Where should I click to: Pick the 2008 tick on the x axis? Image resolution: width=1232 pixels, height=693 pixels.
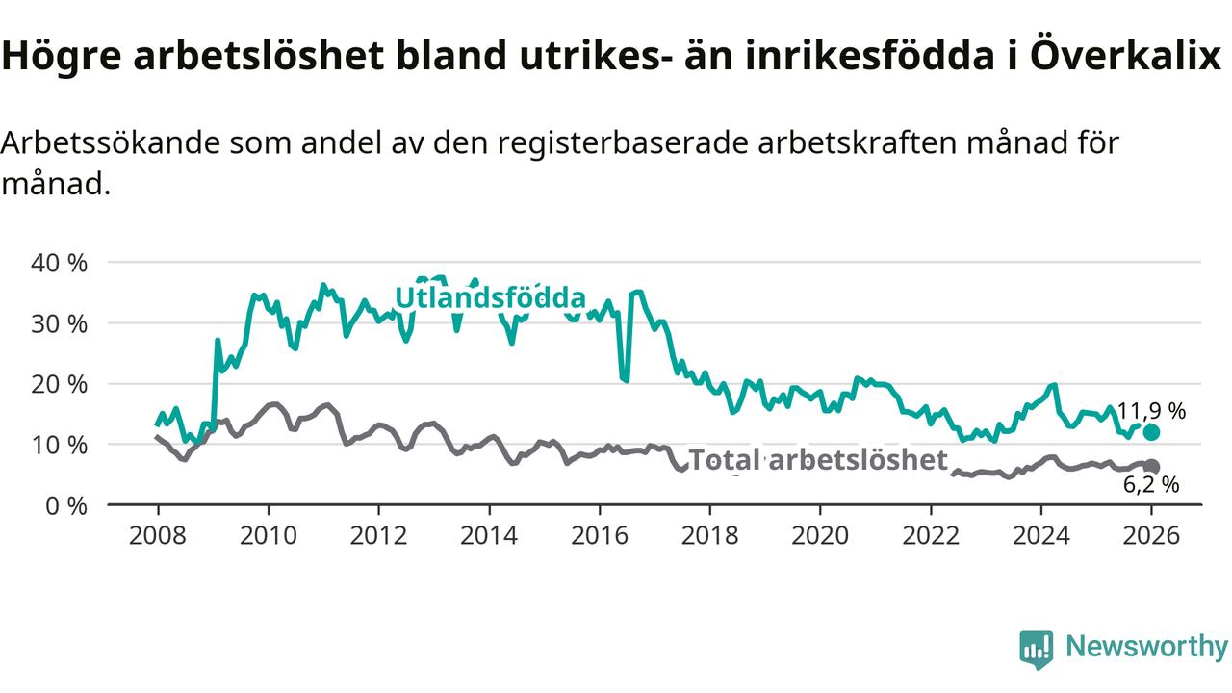[x=158, y=535]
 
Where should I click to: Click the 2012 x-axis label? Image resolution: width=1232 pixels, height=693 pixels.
[x=378, y=535]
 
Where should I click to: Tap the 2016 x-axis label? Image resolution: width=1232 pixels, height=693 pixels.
[x=600, y=535]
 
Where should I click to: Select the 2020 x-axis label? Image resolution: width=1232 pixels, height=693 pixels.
[x=820, y=535]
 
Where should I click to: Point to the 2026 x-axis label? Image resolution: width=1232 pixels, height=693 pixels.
[x=1151, y=535]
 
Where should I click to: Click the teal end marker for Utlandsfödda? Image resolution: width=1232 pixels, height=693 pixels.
[x=1151, y=432]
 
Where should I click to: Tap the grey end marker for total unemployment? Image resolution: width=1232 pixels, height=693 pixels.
[x=1151, y=467]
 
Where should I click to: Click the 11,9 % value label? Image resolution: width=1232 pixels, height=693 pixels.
[x=1151, y=411]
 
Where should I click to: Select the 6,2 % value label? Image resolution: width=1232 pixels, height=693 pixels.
[x=1151, y=485]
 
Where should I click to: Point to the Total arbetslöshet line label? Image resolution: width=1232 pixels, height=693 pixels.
[x=819, y=460]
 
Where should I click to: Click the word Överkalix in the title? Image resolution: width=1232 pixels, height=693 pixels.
[x=1125, y=57]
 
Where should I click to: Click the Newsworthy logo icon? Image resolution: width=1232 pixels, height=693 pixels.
[x=1037, y=649]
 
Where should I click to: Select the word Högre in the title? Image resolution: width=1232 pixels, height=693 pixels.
[x=61, y=57]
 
